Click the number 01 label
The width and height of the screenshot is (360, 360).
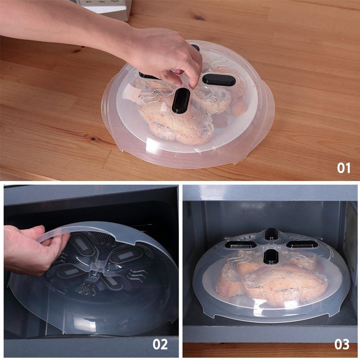(x=343, y=168)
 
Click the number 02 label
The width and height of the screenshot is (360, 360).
(x=160, y=344)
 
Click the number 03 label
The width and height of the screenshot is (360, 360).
(x=342, y=344)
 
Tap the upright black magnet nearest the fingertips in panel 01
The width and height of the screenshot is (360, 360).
(x=181, y=100)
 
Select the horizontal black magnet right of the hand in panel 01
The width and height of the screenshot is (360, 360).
(x=219, y=80)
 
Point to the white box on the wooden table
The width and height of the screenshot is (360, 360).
(x=106, y=8)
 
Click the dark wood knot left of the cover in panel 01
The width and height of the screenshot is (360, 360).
(x=93, y=139)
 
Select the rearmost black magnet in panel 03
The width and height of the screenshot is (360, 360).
(x=271, y=234)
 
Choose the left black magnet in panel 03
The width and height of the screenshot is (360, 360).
(x=241, y=245)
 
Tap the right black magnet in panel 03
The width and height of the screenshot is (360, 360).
(x=302, y=244)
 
